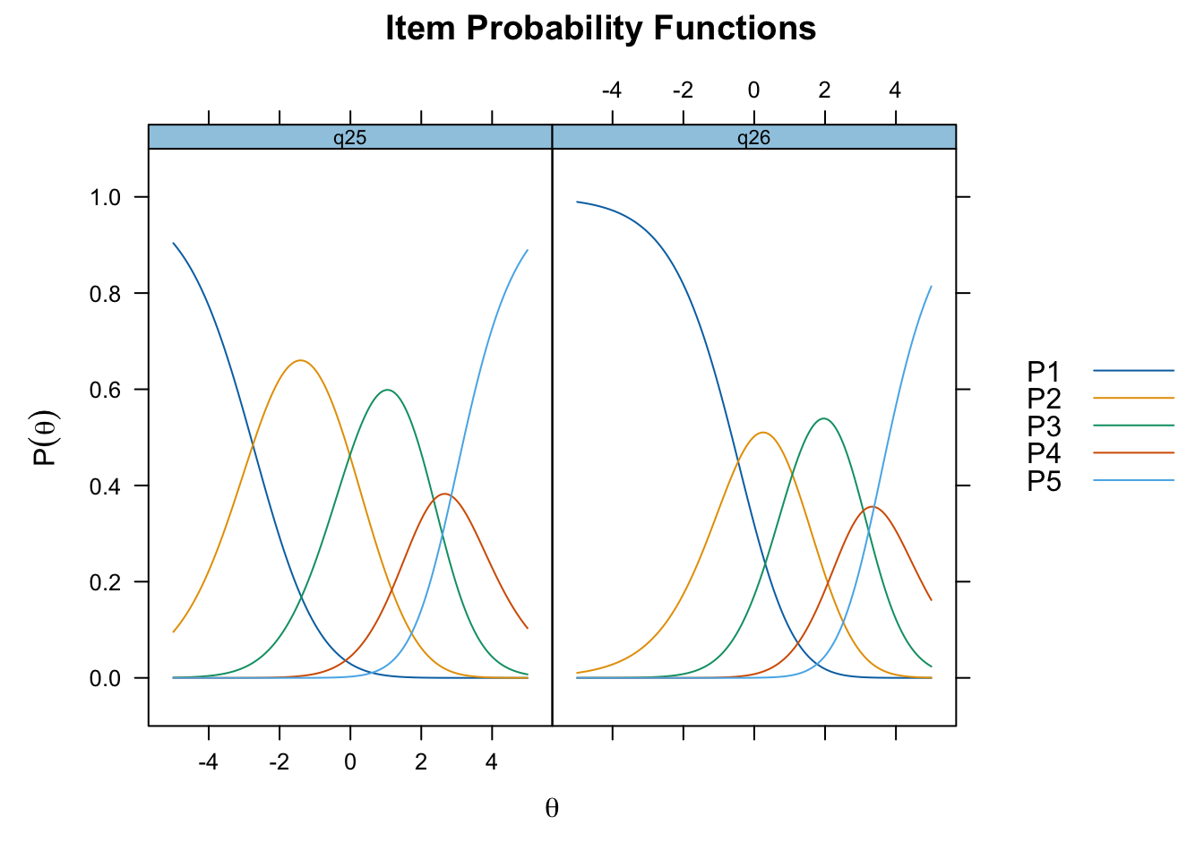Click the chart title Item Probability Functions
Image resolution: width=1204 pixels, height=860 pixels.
pos(600,28)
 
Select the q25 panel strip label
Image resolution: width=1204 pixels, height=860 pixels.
pos(350,138)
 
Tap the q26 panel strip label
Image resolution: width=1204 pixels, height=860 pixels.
pos(753,138)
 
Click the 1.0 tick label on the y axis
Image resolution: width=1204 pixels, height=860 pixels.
pos(106,197)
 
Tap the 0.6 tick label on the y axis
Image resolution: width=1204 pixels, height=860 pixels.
pos(106,390)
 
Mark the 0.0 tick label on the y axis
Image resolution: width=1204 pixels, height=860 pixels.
pos(106,678)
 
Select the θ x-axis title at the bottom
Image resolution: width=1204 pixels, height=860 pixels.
pos(552,808)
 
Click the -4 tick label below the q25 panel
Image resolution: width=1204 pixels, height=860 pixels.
pos(208,761)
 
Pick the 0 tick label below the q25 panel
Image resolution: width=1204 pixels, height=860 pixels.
pos(350,761)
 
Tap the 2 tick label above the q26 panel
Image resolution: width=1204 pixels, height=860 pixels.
pos(824,90)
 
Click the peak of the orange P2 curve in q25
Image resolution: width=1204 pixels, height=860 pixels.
pos(300,360)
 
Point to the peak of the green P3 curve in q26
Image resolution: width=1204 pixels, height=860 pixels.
pos(823,418)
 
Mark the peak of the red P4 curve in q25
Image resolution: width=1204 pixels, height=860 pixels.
pos(444,494)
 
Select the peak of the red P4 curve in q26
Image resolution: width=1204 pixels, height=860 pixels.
pos(872,507)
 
